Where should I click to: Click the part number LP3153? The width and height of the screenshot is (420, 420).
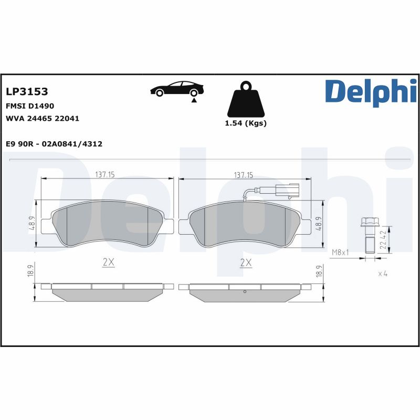(x=27, y=91)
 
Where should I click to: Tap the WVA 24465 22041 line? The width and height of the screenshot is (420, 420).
(x=42, y=119)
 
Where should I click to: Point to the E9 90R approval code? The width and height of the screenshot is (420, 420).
(x=54, y=144)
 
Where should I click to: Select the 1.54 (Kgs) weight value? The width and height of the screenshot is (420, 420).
(x=245, y=123)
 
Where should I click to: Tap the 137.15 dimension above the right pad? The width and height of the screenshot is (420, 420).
(x=244, y=174)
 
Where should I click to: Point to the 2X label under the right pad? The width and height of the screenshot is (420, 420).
(x=245, y=262)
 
